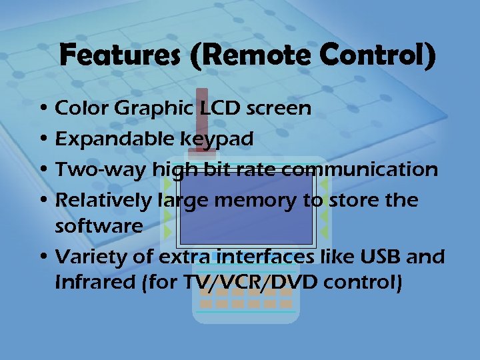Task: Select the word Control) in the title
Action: (x=377, y=55)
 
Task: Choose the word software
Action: (x=99, y=225)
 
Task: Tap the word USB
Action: (x=377, y=257)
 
